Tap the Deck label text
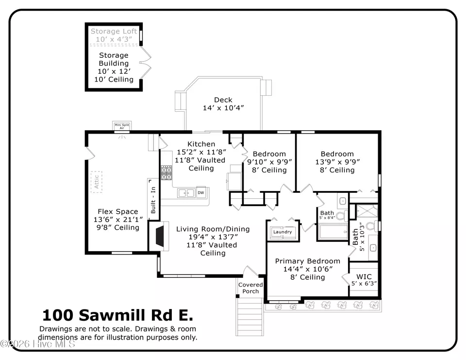pyautogui.click(x=223, y=100)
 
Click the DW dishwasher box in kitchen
pyautogui.click(x=201, y=192)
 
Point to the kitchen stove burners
pyautogui.click(x=166, y=173)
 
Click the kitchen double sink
pyautogui.click(x=186, y=193)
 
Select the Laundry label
pyautogui.click(x=283, y=232)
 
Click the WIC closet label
pyautogui.click(x=364, y=277)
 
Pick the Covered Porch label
pyautogui.click(x=250, y=288)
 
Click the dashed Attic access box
pyautogui.click(x=97, y=182)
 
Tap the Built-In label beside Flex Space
pyautogui.click(x=153, y=200)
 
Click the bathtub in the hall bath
pyautogui.click(x=333, y=232)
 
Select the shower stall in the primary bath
pyautogui.click(x=367, y=211)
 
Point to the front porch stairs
pyautogui.click(x=250, y=317)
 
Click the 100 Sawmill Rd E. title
pyautogui.click(x=117, y=315)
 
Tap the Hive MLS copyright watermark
pyautogui.click(x=38, y=344)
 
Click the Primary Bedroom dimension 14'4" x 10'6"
pyautogui.click(x=308, y=269)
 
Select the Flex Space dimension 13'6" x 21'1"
pyautogui.click(x=118, y=220)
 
